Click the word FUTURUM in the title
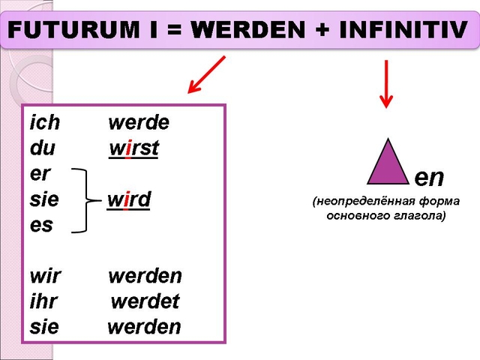pyautogui.click(x=73, y=30)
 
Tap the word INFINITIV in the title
pyautogui.click(x=403, y=30)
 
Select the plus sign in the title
pyautogui.click(x=322, y=30)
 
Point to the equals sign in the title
pyautogui.click(x=174, y=30)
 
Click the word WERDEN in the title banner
pyautogui.click(x=248, y=30)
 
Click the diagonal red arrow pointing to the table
pyautogui.click(x=207, y=74)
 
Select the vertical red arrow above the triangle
pyautogui.click(x=386, y=84)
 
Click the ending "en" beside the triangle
pyautogui.click(x=429, y=178)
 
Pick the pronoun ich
pyautogui.click(x=45, y=122)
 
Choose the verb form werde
pyautogui.click(x=139, y=123)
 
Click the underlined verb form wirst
pyautogui.click(x=133, y=148)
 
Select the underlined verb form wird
pyautogui.click(x=128, y=200)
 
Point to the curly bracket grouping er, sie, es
pyautogui.click(x=86, y=200)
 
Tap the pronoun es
pyautogui.click(x=42, y=226)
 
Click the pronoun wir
pyautogui.click(x=45, y=277)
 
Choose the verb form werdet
pyautogui.click(x=145, y=301)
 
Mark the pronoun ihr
pyautogui.click(x=43, y=301)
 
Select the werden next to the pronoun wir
pyautogui.click(x=145, y=277)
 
